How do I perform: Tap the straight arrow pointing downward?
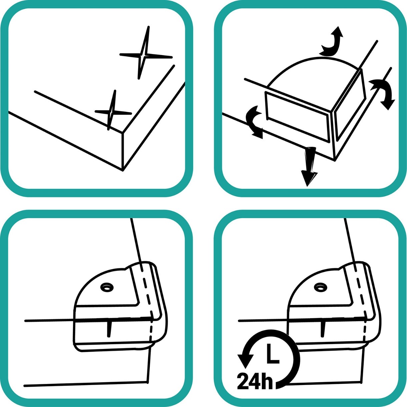coord(309,166)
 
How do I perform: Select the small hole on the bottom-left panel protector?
coord(107,287)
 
